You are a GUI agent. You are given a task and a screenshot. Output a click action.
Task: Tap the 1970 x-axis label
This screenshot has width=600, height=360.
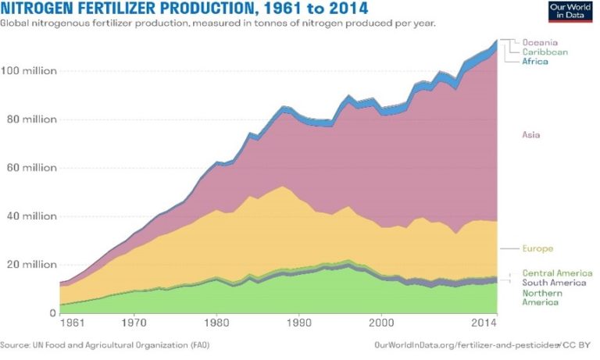134,321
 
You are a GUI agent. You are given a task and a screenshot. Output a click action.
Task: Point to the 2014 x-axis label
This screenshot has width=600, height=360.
484,321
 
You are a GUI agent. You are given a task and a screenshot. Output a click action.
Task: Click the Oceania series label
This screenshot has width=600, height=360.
541,42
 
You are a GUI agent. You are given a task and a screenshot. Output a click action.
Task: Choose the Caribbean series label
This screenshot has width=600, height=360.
545,52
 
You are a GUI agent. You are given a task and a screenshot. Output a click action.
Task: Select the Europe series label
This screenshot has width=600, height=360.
537,248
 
